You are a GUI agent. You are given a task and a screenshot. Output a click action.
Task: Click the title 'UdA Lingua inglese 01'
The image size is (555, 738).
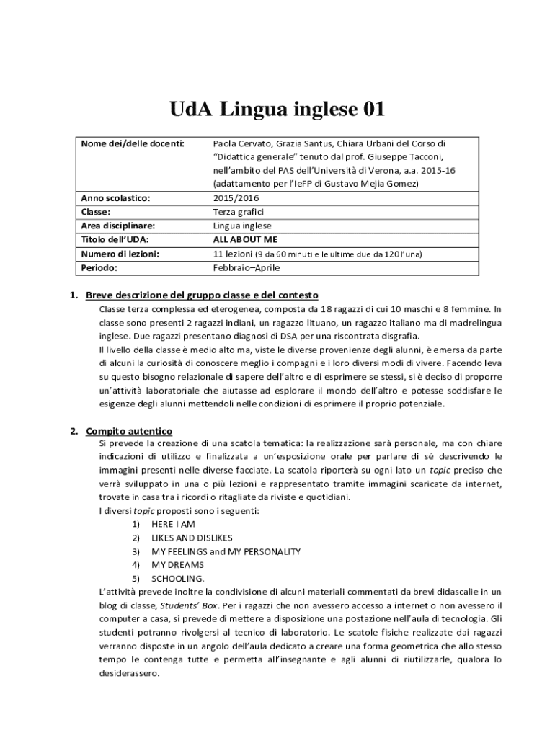277,110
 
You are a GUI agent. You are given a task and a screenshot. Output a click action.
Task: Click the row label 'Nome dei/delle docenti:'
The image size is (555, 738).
133,143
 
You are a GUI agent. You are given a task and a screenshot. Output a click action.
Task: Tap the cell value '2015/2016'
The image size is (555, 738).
236,198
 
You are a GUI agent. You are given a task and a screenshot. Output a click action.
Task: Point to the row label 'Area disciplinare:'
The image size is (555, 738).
117,226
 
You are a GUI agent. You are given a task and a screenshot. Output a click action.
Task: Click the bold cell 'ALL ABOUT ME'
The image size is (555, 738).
245,240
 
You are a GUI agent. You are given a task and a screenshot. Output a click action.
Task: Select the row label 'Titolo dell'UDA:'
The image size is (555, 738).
115,240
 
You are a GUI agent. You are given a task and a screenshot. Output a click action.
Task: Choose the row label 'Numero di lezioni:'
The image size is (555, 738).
120,254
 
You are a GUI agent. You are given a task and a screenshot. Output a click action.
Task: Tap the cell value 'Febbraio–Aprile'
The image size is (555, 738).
247,267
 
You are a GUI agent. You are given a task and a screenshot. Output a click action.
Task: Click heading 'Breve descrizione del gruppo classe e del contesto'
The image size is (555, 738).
202,295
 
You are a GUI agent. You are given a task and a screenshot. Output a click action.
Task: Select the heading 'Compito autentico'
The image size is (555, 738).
129,431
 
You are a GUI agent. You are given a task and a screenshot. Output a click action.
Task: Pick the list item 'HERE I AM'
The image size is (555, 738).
173,524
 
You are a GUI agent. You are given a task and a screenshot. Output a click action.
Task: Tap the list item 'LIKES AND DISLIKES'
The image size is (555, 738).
192,538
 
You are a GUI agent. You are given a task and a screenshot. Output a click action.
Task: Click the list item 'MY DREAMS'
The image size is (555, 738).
177,565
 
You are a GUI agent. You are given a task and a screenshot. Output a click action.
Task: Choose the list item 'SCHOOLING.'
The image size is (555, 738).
177,579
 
